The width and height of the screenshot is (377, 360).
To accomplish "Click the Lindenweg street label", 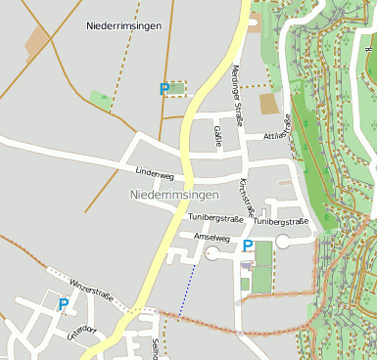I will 154,176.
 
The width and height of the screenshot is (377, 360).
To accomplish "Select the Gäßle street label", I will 217,136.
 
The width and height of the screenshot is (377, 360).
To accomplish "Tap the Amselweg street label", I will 212,238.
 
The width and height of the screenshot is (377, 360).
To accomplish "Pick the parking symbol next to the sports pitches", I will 248,247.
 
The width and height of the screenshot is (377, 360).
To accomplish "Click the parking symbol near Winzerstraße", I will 64,304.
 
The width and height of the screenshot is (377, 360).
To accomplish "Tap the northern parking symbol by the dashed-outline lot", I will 165,89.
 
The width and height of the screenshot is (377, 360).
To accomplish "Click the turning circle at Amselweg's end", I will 213,253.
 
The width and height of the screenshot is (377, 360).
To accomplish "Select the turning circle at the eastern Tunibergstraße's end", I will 283,241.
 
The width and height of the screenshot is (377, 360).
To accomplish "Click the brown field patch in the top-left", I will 37,40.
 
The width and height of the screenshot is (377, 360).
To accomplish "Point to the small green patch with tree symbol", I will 100,99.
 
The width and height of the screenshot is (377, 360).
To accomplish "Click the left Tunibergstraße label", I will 215,217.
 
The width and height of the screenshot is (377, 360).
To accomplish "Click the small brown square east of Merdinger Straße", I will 268,104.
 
